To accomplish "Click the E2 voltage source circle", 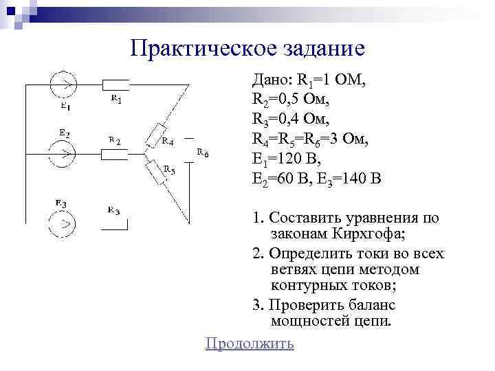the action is [x=64, y=154].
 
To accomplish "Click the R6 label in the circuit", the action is [x=203, y=153].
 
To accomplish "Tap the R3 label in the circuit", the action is [x=113, y=210].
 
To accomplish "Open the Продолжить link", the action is [x=250, y=344].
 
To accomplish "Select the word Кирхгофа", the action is [x=368, y=236].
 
